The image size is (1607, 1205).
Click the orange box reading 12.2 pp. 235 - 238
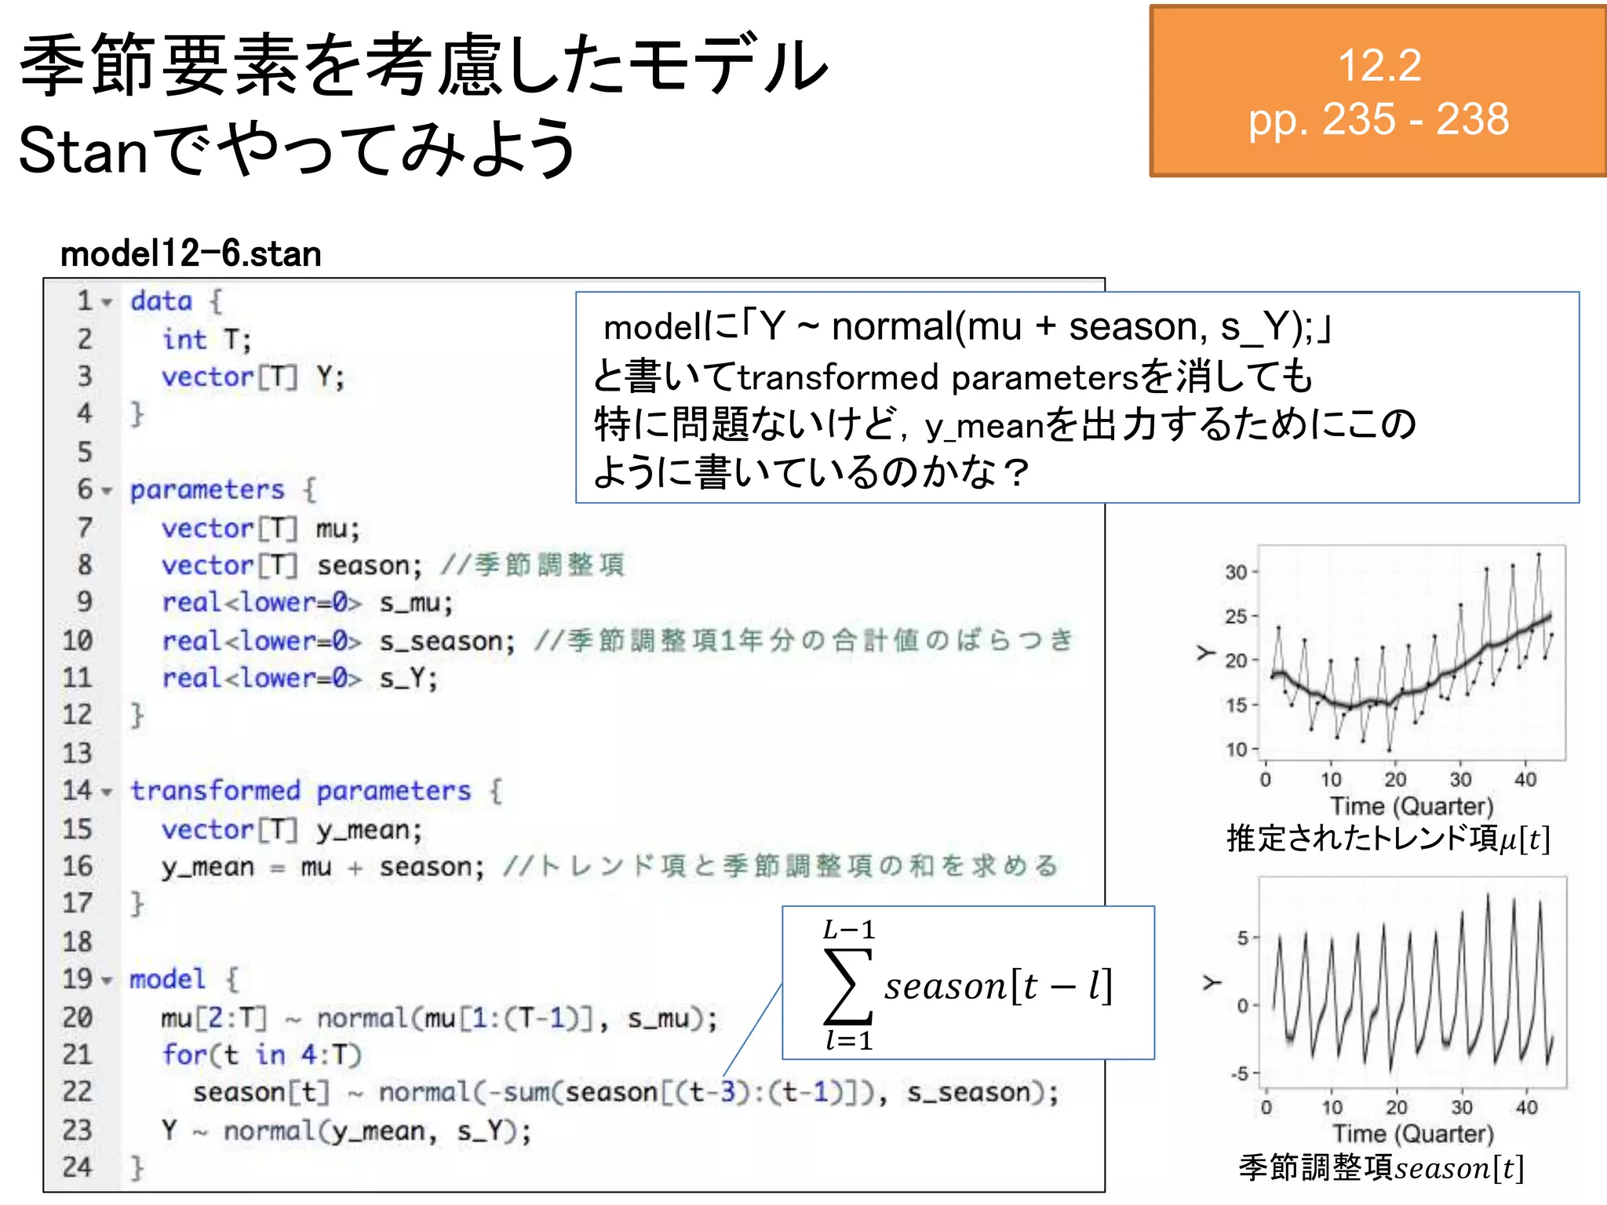click(x=1378, y=92)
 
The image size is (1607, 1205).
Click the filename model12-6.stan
click(x=191, y=254)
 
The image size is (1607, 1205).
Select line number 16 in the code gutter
click(x=78, y=866)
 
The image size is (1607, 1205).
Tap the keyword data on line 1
click(x=161, y=301)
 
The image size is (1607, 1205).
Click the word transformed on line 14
click(x=215, y=791)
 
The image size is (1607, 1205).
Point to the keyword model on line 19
click(x=166, y=979)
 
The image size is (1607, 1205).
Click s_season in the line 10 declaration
click(x=446, y=641)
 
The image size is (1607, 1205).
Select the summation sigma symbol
click(x=847, y=987)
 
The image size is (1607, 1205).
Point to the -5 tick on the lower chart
click(x=1239, y=1072)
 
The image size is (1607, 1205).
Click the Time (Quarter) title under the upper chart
click(x=1412, y=806)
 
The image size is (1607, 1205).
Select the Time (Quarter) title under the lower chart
click(x=1412, y=1134)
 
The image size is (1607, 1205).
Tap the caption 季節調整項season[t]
click(x=1381, y=1168)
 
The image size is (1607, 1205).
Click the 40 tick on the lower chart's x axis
click(x=1526, y=1107)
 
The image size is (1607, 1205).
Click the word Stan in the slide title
click(x=82, y=151)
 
